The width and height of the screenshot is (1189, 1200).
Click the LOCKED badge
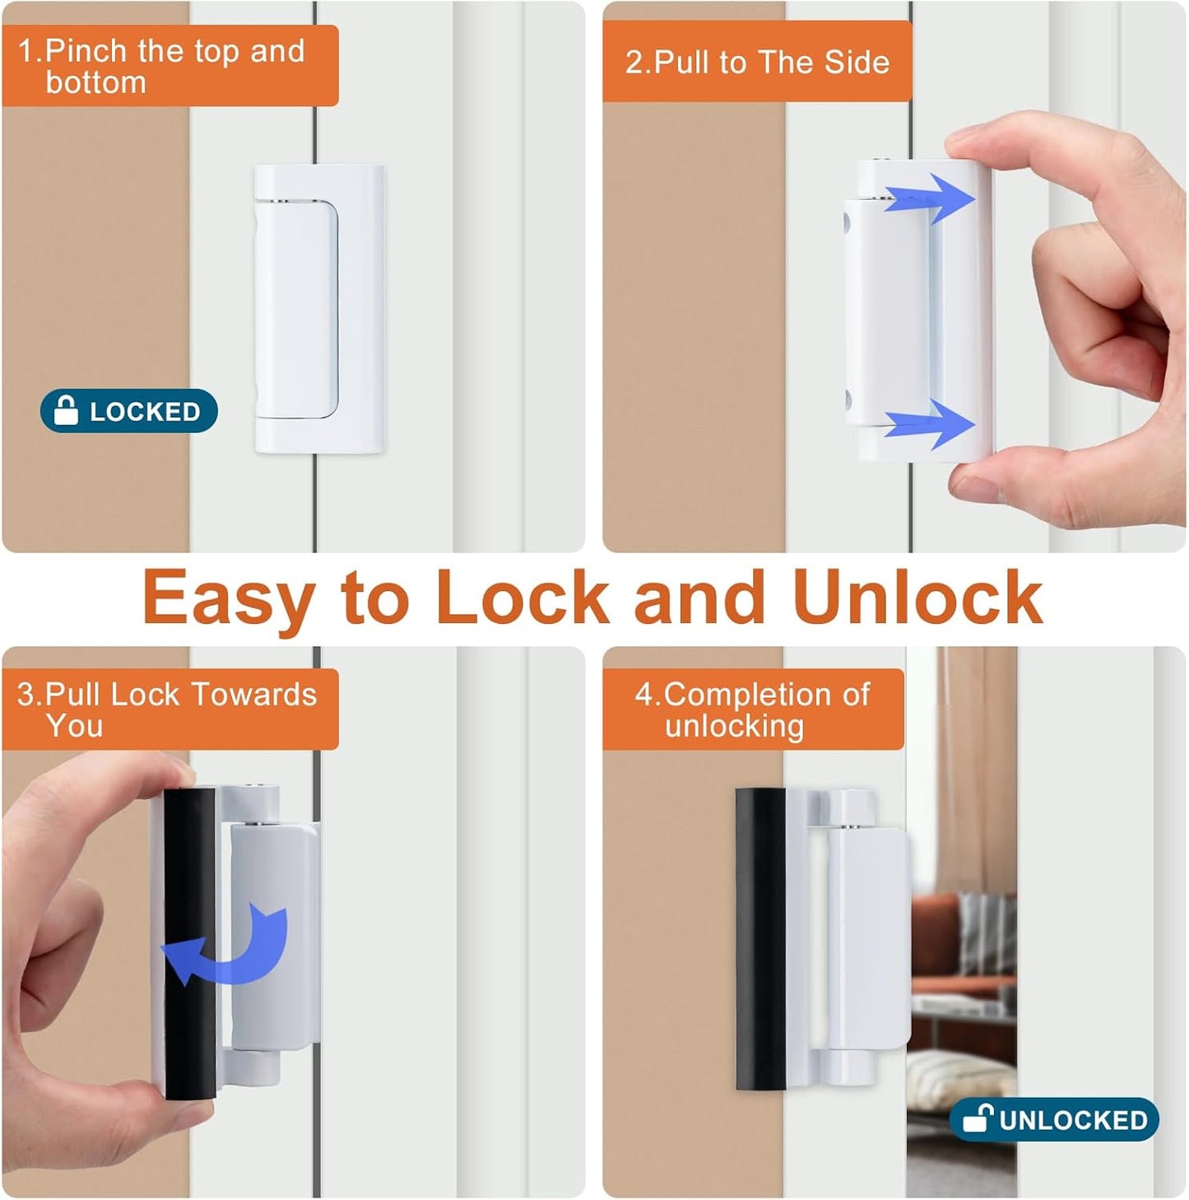129,411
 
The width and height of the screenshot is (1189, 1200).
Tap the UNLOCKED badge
1054,1119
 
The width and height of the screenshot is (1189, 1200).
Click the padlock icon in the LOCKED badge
66,410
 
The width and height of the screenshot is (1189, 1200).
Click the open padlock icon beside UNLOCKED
978,1118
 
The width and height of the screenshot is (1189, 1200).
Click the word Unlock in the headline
917,597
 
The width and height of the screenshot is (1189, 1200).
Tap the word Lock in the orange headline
522,597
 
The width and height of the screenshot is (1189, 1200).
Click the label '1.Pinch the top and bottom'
170,66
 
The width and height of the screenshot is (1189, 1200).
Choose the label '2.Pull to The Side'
757,63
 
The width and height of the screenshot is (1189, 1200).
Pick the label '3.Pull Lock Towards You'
170,709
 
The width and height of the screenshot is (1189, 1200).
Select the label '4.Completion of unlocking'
752,709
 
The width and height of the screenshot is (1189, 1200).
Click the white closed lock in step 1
318,309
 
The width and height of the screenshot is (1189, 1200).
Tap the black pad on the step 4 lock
760,938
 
